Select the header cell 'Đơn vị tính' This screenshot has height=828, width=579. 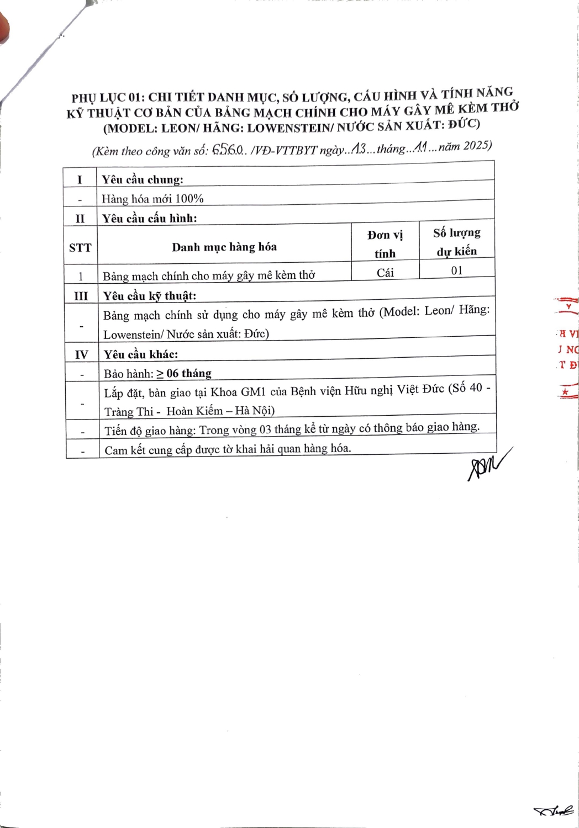(385, 244)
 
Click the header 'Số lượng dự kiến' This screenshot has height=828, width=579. (456, 242)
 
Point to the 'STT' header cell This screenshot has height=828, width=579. (80, 247)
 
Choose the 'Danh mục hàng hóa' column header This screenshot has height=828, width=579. (224, 247)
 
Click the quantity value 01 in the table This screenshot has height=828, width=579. (457, 270)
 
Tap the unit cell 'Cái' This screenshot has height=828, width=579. (385, 272)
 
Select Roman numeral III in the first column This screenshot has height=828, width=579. (81, 296)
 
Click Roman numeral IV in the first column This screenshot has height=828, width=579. (81, 354)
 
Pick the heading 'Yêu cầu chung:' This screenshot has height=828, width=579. (143, 179)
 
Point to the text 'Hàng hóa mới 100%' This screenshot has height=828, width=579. (152, 199)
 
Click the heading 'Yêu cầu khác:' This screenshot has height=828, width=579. (140, 354)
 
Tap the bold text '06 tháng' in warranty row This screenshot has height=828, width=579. (189, 373)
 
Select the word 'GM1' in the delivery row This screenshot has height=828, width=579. (252, 392)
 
